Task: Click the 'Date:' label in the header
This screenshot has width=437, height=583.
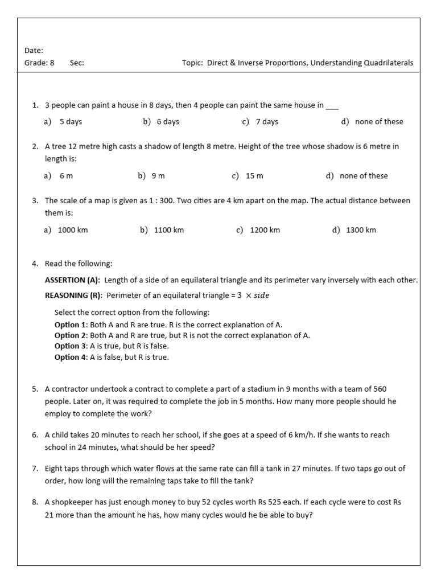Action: (x=34, y=51)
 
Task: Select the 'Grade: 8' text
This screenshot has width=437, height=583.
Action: (x=39, y=63)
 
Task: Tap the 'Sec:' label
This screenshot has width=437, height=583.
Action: (x=77, y=63)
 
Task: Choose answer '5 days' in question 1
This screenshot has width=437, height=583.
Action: (x=71, y=122)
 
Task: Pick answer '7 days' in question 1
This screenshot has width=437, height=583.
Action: (x=267, y=122)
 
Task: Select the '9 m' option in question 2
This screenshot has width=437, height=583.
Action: (x=158, y=176)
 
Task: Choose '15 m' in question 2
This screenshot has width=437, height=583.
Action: (x=254, y=176)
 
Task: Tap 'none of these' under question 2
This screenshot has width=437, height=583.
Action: (x=364, y=176)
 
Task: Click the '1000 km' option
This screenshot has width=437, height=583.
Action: (x=73, y=231)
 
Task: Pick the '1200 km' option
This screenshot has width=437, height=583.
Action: (x=265, y=231)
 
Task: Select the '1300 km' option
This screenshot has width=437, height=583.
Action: (x=361, y=231)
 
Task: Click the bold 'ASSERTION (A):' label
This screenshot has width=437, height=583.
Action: (x=72, y=280)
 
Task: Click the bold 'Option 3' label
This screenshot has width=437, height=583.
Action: (x=71, y=346)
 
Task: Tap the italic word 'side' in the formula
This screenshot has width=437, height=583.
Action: (x=261, y=295)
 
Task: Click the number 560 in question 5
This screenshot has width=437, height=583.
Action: (x=380, y=389)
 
